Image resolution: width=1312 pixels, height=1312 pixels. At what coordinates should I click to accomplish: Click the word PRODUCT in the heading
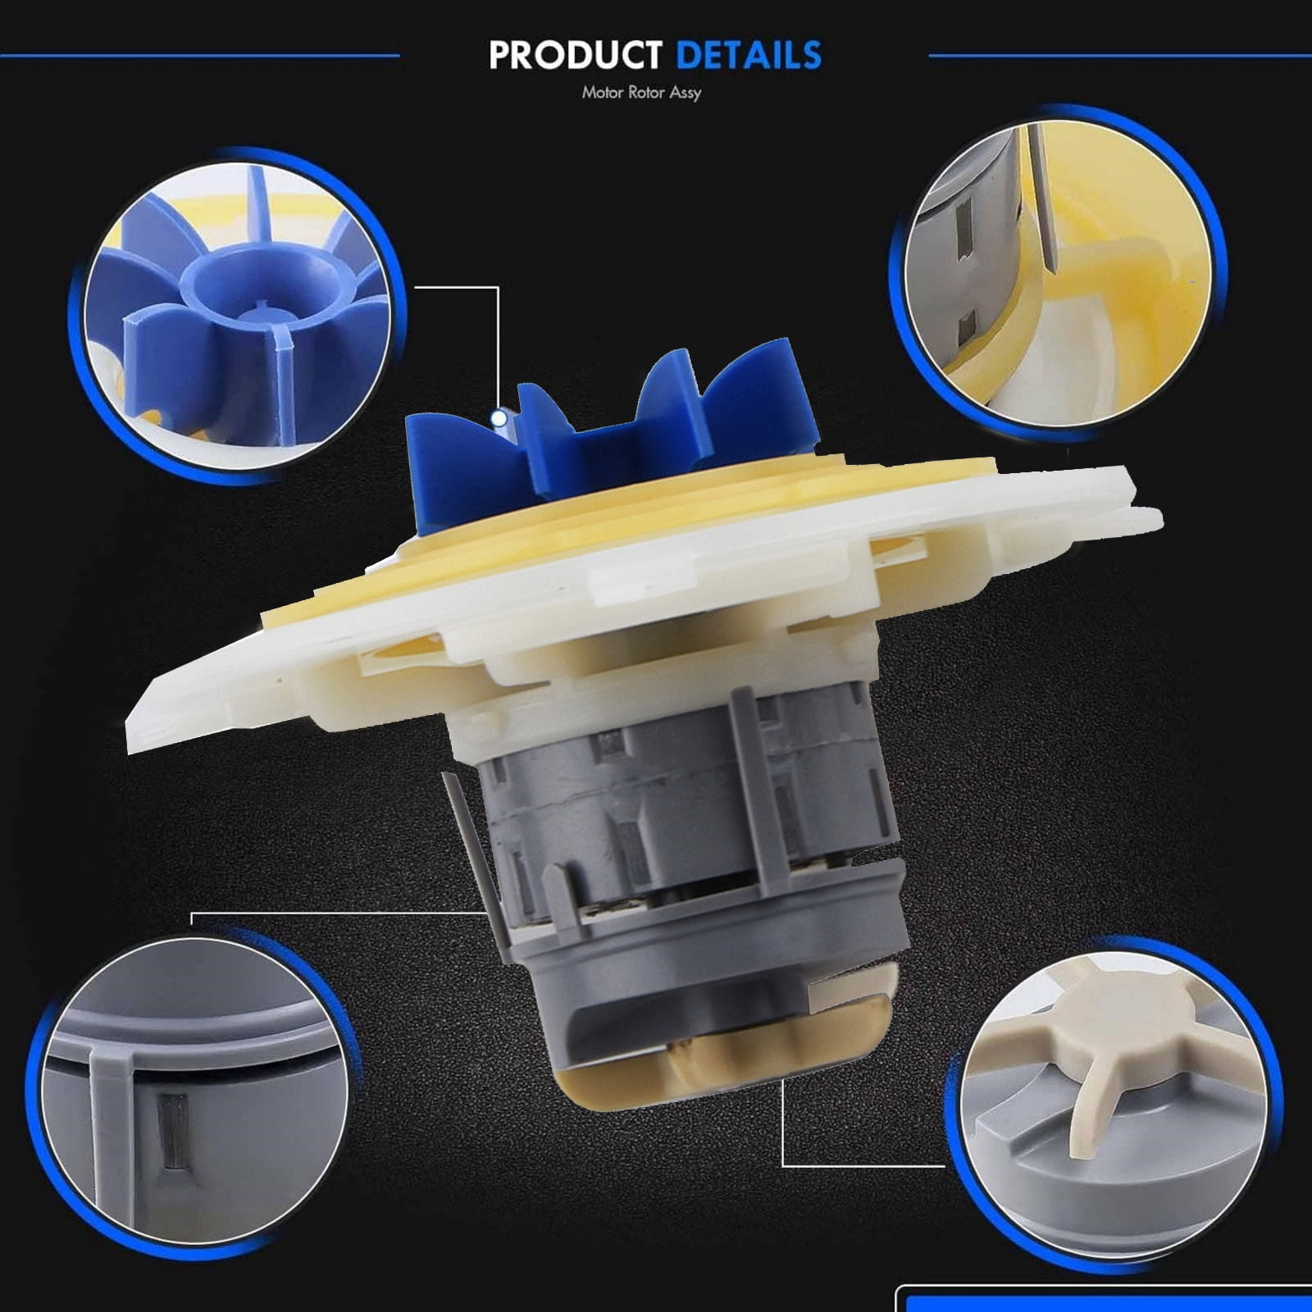[x=575, y=55]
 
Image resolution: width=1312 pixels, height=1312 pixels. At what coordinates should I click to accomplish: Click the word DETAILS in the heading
[x=749, y=55]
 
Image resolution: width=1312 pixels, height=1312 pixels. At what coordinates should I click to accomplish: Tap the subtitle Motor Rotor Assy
[x=641, y=93]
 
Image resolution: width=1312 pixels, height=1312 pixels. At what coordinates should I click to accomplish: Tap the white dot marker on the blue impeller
[x=498, y=419]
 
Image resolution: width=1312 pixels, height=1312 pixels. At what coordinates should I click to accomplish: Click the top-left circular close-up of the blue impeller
[x=238, y=316]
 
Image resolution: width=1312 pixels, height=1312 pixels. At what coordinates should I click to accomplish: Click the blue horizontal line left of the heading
[x=200, y=56]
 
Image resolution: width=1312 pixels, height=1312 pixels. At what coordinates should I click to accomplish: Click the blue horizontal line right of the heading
[x=1120, y=56]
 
